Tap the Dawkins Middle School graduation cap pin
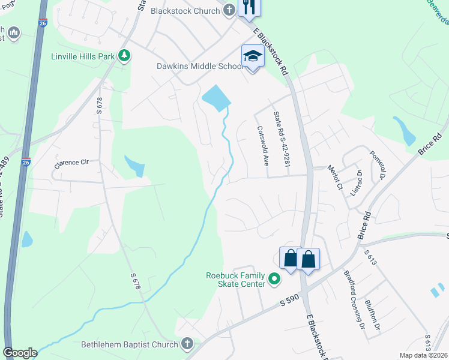[x=253, y=57]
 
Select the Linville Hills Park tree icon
[x=124, y=56]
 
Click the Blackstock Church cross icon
[x=229, y=10]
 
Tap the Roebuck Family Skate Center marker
[x=275, y=279]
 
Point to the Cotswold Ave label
[x=262, y=146]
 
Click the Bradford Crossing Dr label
[x=354, y=300]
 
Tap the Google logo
[x=19, y=353]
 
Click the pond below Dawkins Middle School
[x=216, y=97]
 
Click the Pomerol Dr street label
[x=378, y=164]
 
